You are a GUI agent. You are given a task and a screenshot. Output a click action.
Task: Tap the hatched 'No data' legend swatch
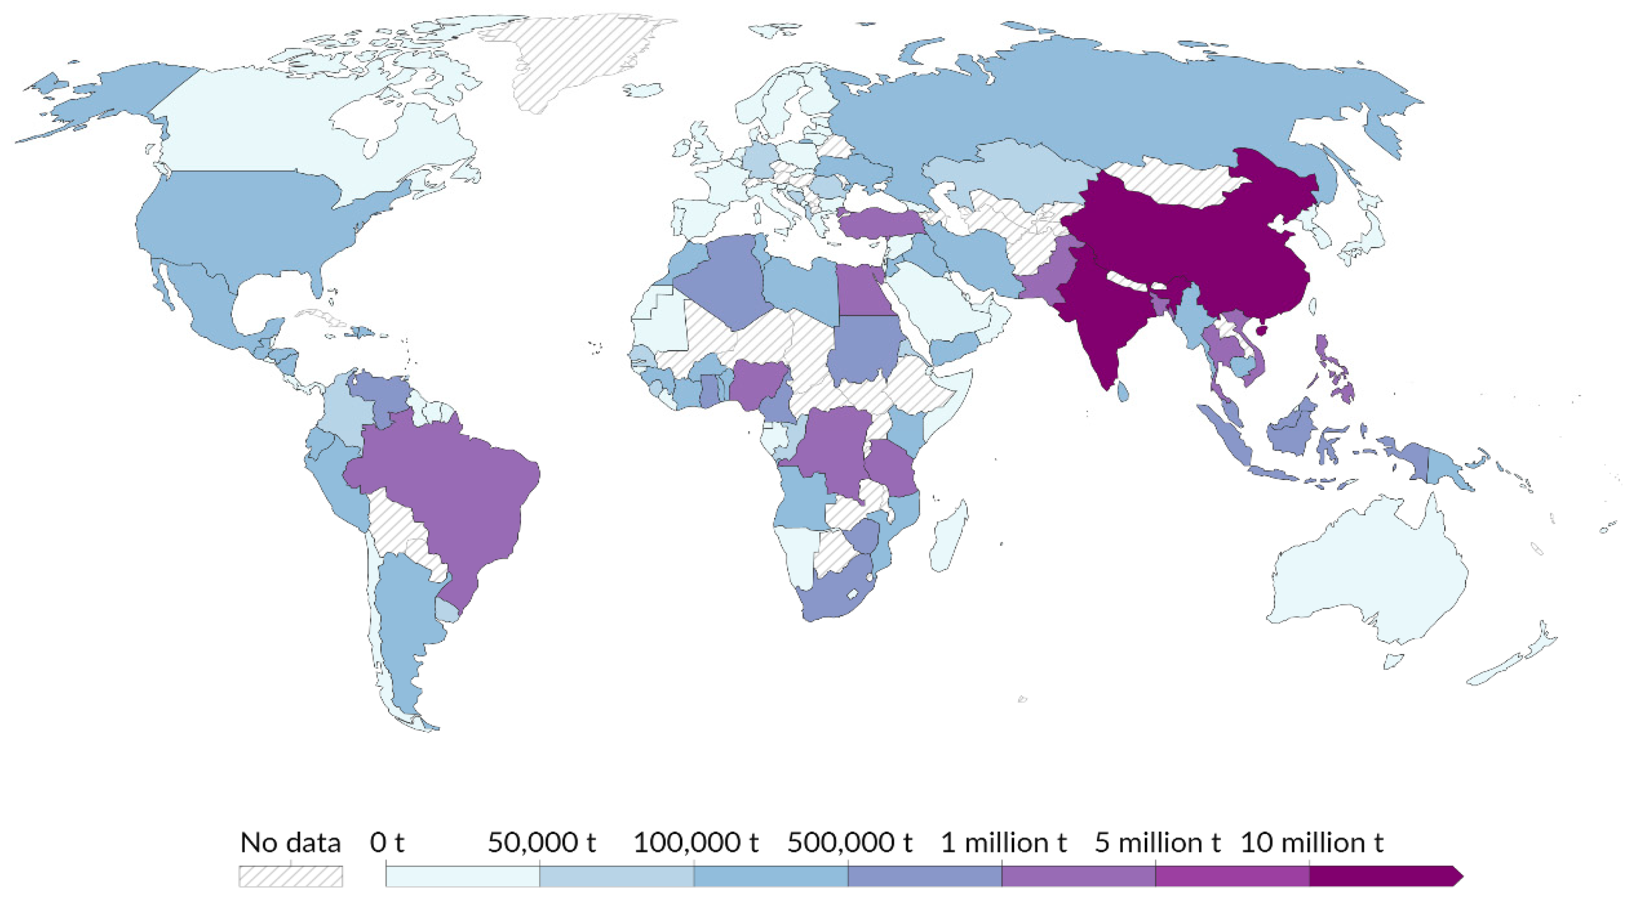coord(291,876)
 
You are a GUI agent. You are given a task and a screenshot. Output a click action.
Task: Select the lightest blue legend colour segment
coord(462,876)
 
